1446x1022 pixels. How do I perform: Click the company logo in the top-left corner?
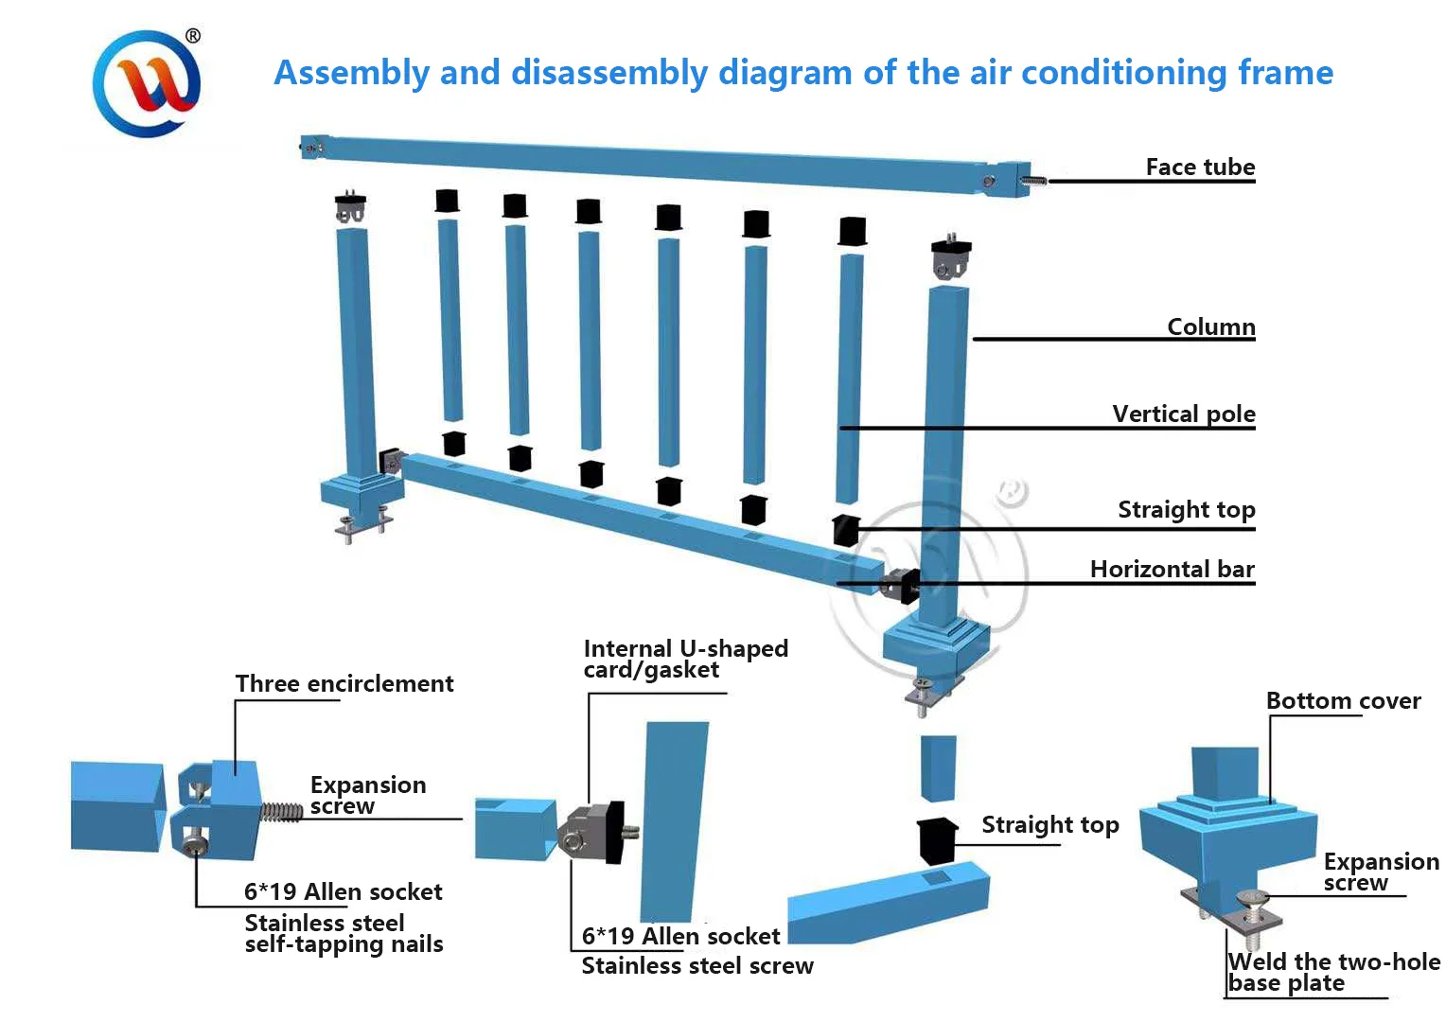pyautogui.click(x=146, y=83)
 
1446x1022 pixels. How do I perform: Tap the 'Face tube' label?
pyautogui.click(x=1200, y=167)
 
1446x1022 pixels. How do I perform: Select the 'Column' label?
pyautogui.click(x=1210, y=326)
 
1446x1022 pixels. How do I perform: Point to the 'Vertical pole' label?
pyautogui.click(x=1183, y=414)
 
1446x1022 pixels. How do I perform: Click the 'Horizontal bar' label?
pyautogui.click(x=1172, y=569)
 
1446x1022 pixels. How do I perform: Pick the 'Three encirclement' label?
pyautogui.click(x=344, y=683)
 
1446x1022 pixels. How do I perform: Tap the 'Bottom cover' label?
pyautogui.click(x=1343, y=701)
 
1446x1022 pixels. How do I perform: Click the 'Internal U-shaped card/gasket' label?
pyautogui.click(x=685, y=660)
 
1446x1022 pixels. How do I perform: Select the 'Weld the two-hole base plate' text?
pyautogui.click(x=1333, y=973)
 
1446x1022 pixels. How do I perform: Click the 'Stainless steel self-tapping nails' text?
pyautogui.click(x=344, y=933)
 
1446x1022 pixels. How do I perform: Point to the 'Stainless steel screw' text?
pyautogui.click(x=697, y=966)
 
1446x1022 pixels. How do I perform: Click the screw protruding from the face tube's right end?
pyautogui.click(x=1035, y=180)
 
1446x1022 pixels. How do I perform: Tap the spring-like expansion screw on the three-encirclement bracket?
pyautogui.click(x=281, y=812)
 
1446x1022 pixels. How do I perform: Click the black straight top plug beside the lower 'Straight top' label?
pyautogui.click(x=937, y=839)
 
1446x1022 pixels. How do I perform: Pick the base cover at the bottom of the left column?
pyautogui.click(x=361, y=493)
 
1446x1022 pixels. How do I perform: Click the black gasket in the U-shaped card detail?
pyautogui.click(x=612, y=831)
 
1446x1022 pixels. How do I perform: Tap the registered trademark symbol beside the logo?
pyautogui.click(x=193, y=36)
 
